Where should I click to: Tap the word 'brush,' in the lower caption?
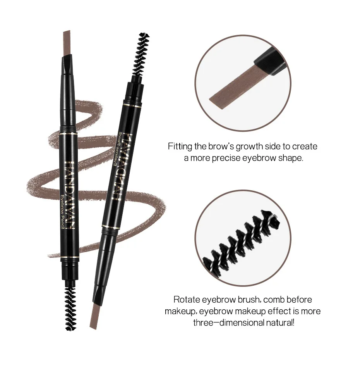[245, 300]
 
